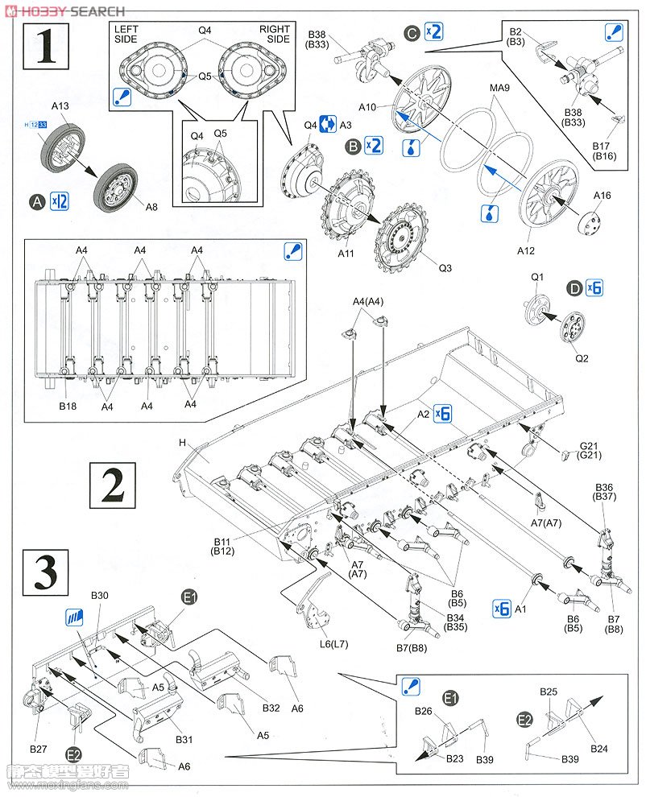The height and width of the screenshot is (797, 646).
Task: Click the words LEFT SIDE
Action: [x=126, y=34]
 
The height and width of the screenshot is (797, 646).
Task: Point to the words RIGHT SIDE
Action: [x=275, y=34]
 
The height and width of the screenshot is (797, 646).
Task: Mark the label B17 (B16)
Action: [x=603, y=151]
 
